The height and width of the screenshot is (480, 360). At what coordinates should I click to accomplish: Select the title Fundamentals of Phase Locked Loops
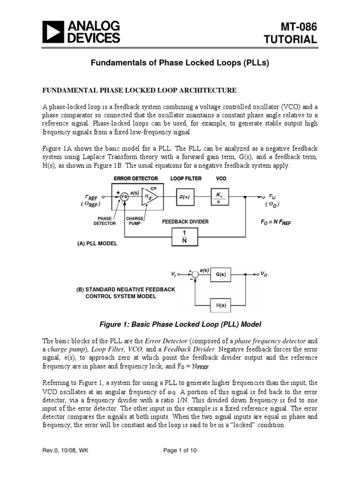click(180, 63)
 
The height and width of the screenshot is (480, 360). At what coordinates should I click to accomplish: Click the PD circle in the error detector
click(125, 197)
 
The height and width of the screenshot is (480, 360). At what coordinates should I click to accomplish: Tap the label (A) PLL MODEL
click(97, 244)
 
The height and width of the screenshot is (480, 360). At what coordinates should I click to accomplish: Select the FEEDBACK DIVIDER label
click(185, 221)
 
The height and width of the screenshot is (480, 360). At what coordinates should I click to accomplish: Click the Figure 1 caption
click(180, 324)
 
